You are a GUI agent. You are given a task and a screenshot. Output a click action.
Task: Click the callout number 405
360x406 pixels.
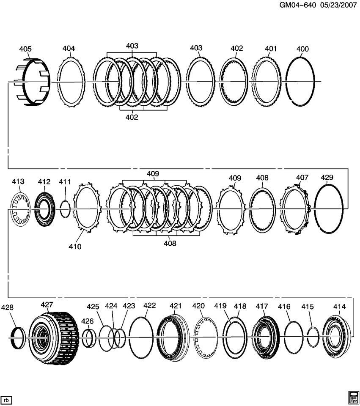point(25,49)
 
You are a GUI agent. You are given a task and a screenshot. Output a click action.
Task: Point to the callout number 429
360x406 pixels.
point(327,178)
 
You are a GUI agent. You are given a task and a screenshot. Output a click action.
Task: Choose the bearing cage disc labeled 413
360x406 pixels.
point(18,209)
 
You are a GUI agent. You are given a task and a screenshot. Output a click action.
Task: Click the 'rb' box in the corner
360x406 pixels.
point(7,399)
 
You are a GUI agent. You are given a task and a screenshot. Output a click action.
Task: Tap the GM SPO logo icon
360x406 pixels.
point(353,398)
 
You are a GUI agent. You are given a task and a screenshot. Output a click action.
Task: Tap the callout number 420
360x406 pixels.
point(198,306)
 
